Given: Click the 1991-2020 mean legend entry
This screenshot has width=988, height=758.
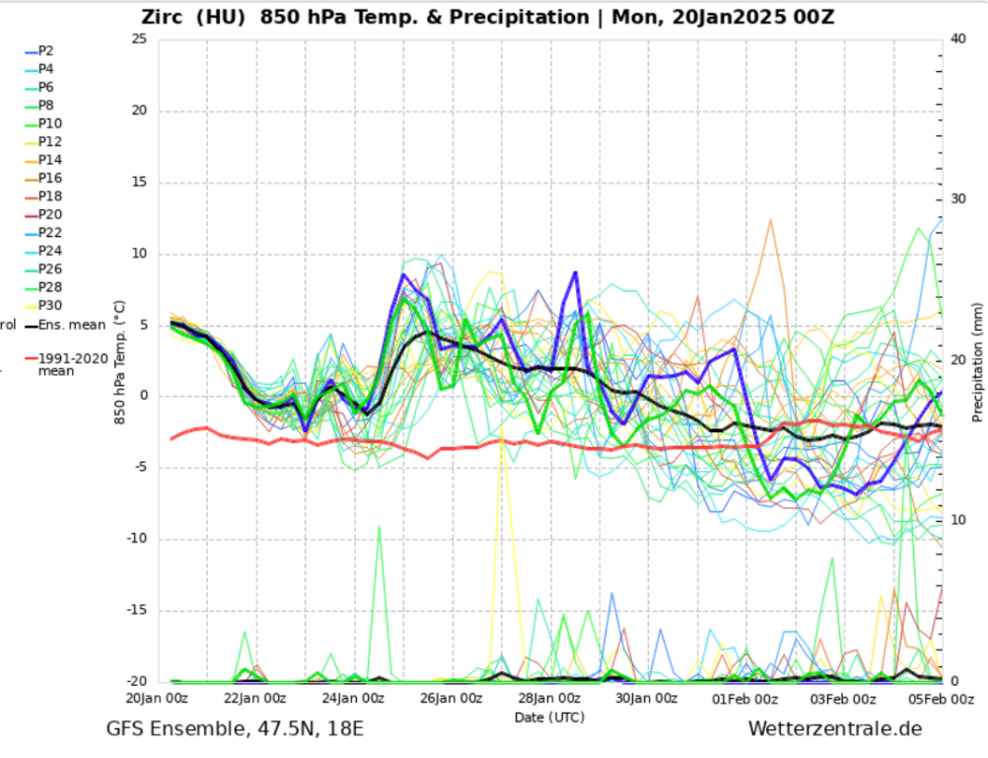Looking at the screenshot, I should click(70, 365).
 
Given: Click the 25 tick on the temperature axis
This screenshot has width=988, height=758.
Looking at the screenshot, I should click(138, 38).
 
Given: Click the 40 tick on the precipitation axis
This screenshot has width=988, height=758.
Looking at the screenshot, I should click(958, 38).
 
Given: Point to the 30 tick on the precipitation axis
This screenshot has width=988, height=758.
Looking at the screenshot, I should click(958, 199).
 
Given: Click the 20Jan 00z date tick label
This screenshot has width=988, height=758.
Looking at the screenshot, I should click(158, 699).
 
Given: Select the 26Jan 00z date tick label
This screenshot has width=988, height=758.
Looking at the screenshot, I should click(451, 699).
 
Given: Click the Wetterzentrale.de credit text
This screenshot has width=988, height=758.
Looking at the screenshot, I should click(835, 729).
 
